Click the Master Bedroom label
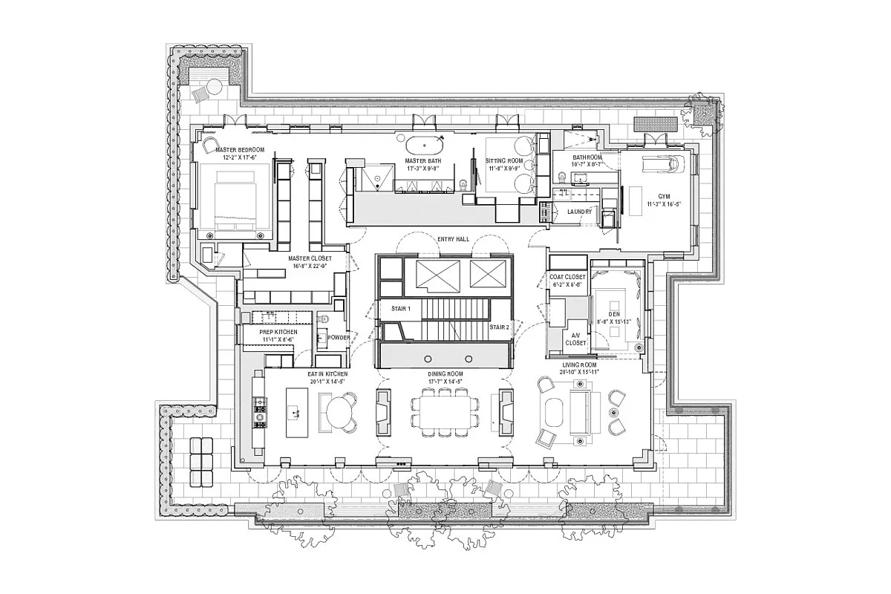[x=235, y=149]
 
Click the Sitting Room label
[x=504, y=160]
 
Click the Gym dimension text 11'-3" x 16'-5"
[x=665, y=203]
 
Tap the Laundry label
[x=579, y=211]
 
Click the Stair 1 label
[x=391, y=307]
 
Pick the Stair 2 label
[x=498, y=327]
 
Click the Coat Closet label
[x=568, y=277]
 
